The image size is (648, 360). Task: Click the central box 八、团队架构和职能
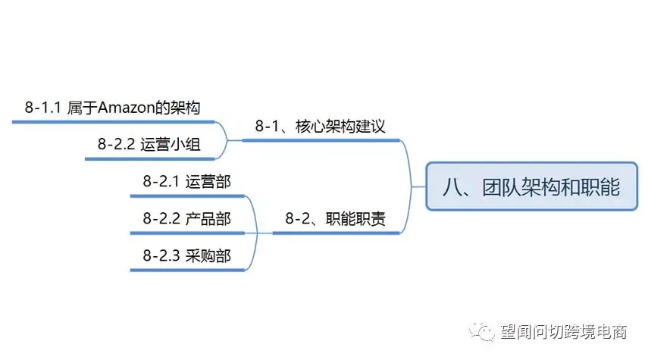pos(531,186)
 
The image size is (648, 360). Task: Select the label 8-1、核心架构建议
pos(321,126)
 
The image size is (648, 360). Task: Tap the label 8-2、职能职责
pos(335,218)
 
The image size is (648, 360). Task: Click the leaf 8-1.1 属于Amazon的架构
pos(112,108)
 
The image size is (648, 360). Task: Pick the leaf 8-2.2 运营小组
pos(149,144)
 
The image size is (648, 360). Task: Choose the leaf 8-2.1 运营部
pos(186,181)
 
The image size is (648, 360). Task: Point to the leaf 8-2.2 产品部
pos(186,218)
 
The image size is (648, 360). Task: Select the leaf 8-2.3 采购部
pos(186,255)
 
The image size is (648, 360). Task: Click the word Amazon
pos(126,108)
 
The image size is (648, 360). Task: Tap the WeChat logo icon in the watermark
pos(481,331)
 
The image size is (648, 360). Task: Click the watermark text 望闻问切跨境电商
pos(564,331)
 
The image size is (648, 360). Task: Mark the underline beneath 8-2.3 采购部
pos(187,271)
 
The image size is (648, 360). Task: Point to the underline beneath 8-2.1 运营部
pos(187,196)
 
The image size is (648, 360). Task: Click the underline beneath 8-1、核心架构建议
pos(321,140)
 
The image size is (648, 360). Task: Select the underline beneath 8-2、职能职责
pos(336,233)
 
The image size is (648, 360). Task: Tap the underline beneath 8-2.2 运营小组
pos(149,158)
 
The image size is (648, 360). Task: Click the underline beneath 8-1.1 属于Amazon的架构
pos(113,122)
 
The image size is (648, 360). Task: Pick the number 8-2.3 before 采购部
pos(161,256)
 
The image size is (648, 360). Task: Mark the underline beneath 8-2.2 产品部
pos(187,233)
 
